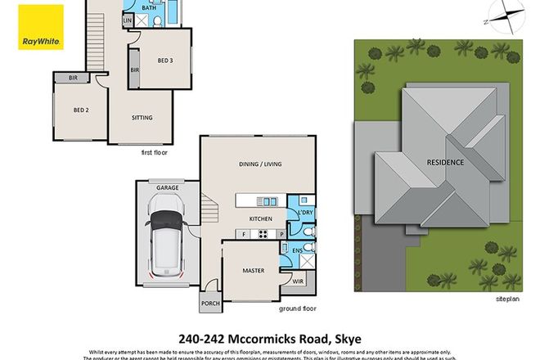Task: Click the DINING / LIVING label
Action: click(259, 164)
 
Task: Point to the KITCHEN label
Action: click(260, 218)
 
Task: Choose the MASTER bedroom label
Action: click(253, 269)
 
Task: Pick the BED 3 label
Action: click(169, 59)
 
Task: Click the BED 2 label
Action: click(80, 110)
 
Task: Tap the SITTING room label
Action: click(142, 118)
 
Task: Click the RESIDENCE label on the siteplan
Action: click(445, 162)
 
